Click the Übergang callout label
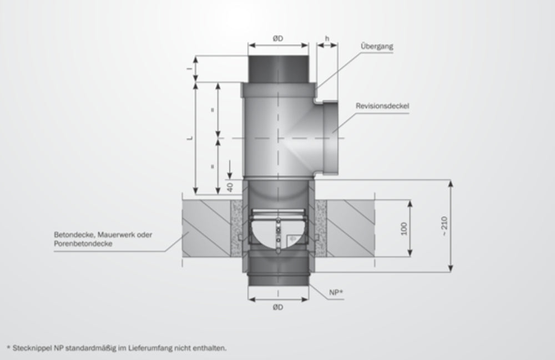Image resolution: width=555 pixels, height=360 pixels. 377,47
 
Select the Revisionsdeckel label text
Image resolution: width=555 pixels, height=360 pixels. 382,105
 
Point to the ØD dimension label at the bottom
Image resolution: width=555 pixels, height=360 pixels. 277,307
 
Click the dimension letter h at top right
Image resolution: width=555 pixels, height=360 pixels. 327,38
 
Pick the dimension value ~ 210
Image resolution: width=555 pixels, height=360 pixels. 444,226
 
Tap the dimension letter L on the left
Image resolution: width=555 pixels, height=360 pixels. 190,138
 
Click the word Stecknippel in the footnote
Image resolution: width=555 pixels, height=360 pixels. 28,348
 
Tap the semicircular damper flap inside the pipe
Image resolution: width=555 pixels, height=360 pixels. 277,233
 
